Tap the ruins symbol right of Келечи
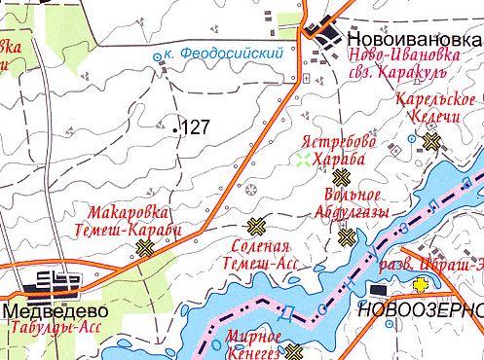(x=431, y=140)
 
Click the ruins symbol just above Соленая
(x=256, y=228)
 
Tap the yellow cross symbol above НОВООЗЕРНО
(x=421, y=285)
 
